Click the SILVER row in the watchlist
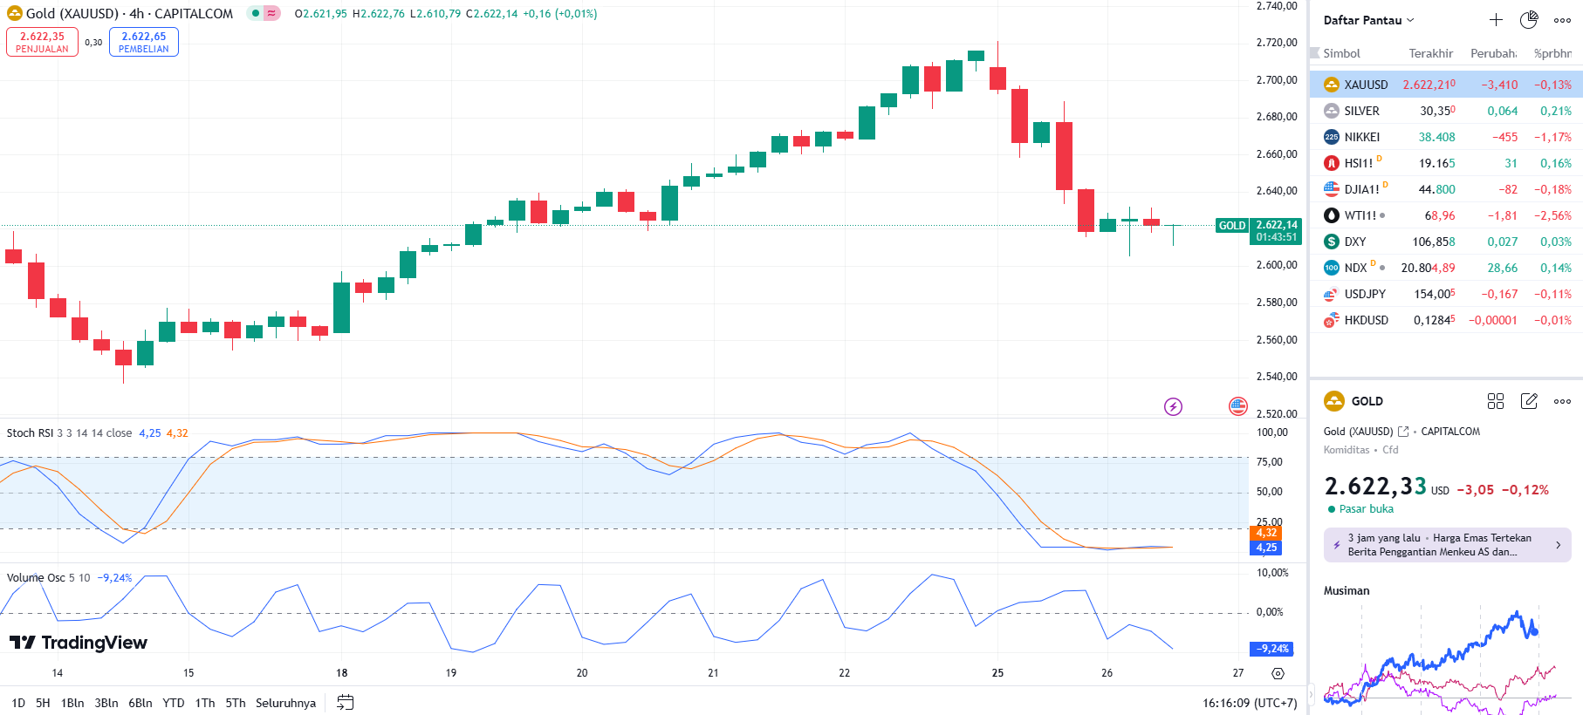1361,111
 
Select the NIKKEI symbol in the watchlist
1361,137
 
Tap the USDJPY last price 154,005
1434,294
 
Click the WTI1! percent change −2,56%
1552,215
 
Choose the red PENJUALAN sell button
42,42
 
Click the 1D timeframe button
18,703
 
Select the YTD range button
174,703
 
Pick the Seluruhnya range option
285,703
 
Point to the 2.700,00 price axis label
1277,80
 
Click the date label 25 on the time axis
997,673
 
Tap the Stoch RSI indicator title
30,433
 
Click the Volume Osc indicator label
36,578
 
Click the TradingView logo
79,643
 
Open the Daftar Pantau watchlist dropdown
1367,20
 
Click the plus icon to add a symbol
1496,20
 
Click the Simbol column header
1341,53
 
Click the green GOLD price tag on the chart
1232,226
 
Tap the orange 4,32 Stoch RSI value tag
1266,533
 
